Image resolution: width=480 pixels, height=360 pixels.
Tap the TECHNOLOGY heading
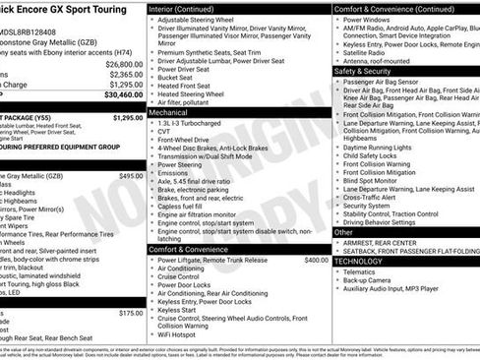pos(358,262)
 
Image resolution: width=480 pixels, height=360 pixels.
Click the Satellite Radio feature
pos(370,51)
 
